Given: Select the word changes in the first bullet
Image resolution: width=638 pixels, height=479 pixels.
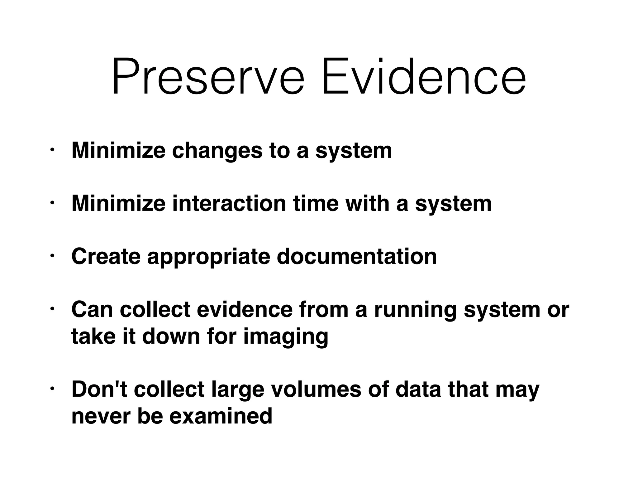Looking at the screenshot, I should pyautogui.click(x=217, y=151).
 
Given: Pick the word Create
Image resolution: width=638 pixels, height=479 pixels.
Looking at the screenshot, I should pyautogui.click(x=106, y=256).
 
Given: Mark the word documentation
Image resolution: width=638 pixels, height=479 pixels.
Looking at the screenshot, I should pyautogui.click(x=357, y=256).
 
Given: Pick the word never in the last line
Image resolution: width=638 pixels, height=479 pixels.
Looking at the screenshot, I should pyautogui.click(x=101, y=417).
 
